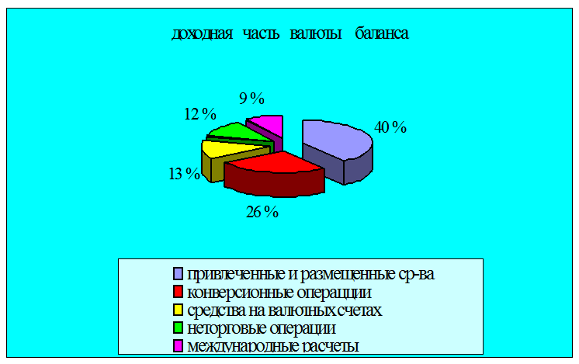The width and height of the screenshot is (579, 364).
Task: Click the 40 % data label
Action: pyautogui.click(x=390, y=127)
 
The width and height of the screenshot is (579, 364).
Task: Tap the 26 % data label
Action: pyautogui.click(x=262, y=212)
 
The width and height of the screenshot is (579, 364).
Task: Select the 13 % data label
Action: pyautogui.click(x=184, y=174)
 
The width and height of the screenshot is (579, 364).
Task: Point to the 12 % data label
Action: pyautogui.click(x=200, y=114)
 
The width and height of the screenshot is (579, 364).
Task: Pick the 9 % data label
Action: pyautogui.click(x=251, y=99)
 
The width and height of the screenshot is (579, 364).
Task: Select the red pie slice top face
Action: pyautogui.click(x=277, y=162)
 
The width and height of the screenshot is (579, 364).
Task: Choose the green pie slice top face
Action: pyautogui.click(x=236, y=132)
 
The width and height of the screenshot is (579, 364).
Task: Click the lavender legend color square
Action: pyautogui.click(x=178, y=274)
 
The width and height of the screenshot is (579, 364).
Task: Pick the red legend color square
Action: pyautogui.click(x=178, y=292)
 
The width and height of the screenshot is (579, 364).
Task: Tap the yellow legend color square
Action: pyautogui.click(x=178, y=310)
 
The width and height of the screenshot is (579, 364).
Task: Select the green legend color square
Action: pyautogui.click(x=178, y=328)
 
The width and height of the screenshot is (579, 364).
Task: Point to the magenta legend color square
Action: pyautogui.click(x=178, y=345)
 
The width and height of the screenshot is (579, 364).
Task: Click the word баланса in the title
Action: pyautogui.click(x=382, y=33)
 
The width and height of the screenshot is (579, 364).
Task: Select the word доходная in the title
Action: pyautogui.click(x=203, y=34)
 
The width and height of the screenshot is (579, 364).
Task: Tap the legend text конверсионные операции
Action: pyautogui.click(x=279, y=293)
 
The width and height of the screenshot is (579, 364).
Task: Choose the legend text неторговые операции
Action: pyautogui.click(x=262, y=328)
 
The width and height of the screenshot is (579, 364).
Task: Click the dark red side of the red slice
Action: pyautogui.click(x=274, y=183)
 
